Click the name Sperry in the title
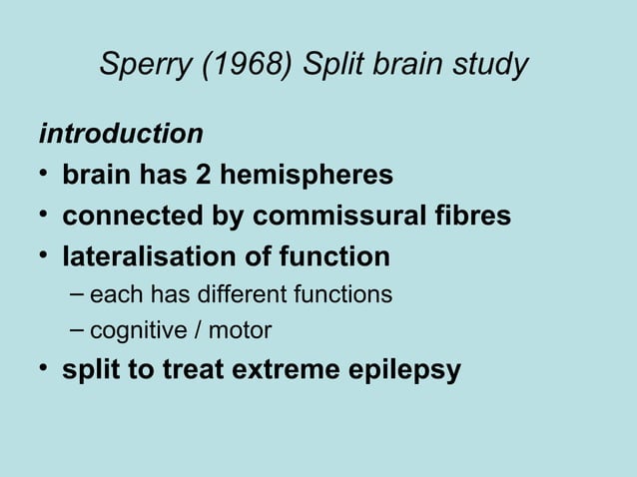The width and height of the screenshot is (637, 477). (x=145, y=66)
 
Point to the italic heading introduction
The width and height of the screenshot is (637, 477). (x=120, y=133)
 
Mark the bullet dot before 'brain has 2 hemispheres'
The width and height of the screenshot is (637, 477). (x=44, y=176)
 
